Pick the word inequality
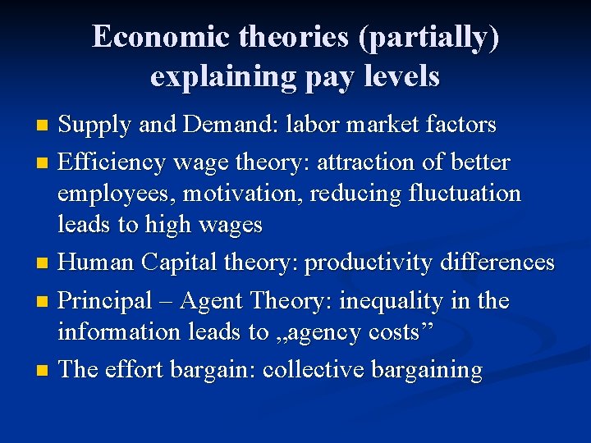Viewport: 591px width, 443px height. point(379,301)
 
